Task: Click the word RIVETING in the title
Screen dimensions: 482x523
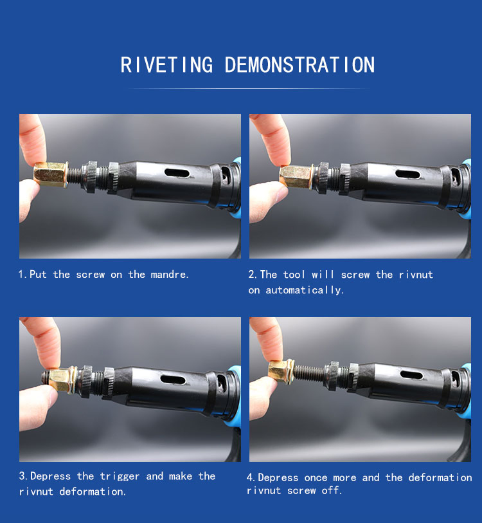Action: [166, 65]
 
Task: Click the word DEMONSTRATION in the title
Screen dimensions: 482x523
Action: [299, 65]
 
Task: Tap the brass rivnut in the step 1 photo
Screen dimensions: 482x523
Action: [51, 174]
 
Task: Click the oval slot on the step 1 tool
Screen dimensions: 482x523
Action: [177, 173]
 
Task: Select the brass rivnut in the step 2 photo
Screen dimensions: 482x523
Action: [296, 177]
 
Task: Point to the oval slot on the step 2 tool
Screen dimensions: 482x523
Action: [407, 174]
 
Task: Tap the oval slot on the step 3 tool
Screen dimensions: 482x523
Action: [173, 380]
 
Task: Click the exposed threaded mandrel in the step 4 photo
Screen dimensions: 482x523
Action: [309, 373]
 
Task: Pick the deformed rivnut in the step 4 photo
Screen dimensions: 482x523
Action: [281, 372]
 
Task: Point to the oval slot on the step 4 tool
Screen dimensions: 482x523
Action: [411, 375]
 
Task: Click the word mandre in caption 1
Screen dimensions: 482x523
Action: [168, 275]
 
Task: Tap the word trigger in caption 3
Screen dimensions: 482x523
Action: [120, 477]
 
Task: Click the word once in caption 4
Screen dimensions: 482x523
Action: [316, 477]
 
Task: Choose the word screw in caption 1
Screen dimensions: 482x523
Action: [91, 275]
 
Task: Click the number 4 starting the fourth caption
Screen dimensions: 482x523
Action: [250, 477]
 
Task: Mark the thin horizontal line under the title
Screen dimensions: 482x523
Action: [248, 88]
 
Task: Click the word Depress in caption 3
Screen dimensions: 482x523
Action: [50, 476]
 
